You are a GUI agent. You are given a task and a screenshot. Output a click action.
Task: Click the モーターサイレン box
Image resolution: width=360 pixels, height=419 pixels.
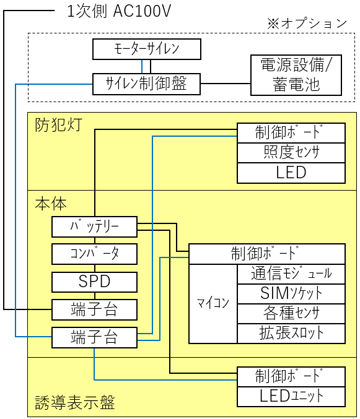pyautogui.click(x=147, y=49)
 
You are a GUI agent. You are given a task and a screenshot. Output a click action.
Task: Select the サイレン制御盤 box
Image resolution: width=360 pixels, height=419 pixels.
pyautogui.click(x=146, y=84)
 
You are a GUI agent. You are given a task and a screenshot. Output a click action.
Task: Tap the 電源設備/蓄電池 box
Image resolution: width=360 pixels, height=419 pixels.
pyautogui.click(x=296, y=75)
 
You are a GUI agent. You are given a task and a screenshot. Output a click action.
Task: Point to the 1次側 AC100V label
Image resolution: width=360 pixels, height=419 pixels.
pyautogui.click(x=119, y=11)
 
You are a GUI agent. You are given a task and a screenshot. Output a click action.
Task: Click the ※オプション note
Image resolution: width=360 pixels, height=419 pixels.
pyautogui.click(x=307, y=24)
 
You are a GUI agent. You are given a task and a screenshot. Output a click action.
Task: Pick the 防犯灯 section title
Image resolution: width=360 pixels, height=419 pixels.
pyautogui.click(x=58, y=125)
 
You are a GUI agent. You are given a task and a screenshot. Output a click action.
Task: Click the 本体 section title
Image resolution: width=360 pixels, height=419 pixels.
pyautogui.click(x=51, y=204)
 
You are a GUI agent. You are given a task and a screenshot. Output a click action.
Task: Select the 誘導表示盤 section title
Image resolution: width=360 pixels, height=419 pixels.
pyautogui.click(x=75, y=403)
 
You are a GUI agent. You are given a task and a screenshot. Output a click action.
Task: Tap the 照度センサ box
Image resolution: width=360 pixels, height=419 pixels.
pyautogui.click(x=291, y=153)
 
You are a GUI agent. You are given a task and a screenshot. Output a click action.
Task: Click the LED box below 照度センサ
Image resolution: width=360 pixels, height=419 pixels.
pyautogui.click(x=291, y=173)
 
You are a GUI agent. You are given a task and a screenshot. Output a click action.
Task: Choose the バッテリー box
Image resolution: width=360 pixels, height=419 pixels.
pyautogui.click(x=94, y=227)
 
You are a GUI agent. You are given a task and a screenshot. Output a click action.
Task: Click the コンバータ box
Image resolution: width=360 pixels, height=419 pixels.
pyautogui.click(x=94, y=254)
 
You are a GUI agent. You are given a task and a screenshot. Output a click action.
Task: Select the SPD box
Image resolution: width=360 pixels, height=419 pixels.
pyautogui.click(x=94, y=282)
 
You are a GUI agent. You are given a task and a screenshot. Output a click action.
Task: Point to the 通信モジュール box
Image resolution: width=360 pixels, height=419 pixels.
pyautogui.click(x=291, y=274)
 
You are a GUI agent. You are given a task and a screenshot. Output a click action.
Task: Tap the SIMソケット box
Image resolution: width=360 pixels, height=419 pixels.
pyautogui.click(x=291, y=294)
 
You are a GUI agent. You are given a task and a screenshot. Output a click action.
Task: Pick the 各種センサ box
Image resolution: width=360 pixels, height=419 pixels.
pyautogui.click(x=291, y=314)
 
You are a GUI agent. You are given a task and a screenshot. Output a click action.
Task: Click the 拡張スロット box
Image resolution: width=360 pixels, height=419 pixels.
pyautogui.click(x=291, y=334)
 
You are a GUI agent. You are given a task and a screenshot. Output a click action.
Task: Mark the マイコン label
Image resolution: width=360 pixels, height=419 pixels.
pyautogui.click(x=213, y=303)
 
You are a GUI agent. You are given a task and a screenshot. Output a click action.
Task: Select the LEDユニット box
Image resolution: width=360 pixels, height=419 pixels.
pyautogui.click(x=291, y=397)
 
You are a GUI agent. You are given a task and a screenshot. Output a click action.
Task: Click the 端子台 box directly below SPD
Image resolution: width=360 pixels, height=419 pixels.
pyautogui.click(x=94, y=309)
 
